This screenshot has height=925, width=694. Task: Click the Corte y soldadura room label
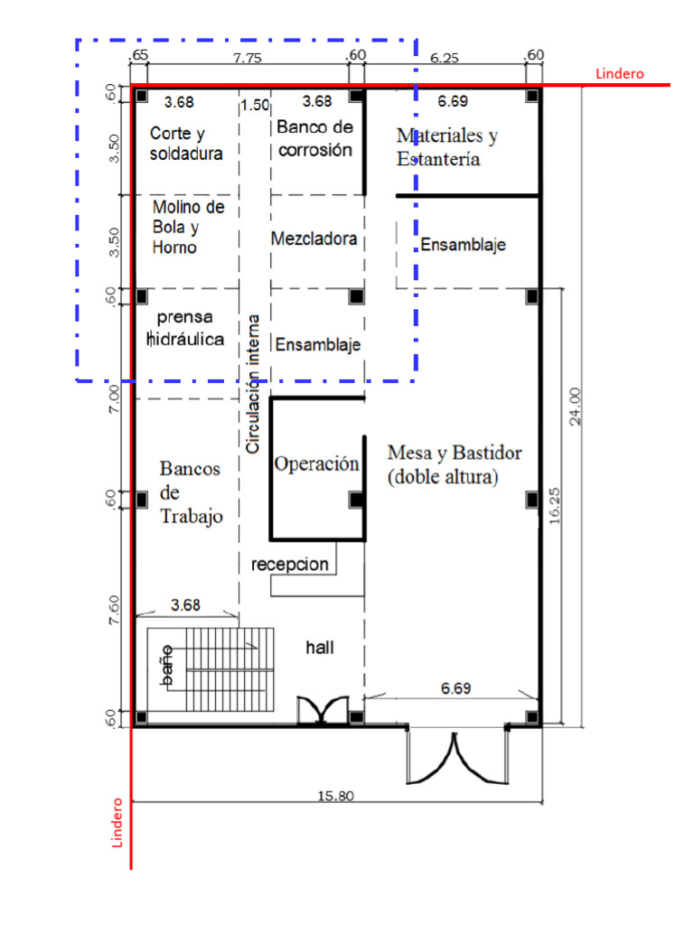[x=186, y=144]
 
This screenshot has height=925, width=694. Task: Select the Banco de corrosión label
[x=314, y=138]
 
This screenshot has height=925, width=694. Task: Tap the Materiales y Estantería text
[x=446, y=147]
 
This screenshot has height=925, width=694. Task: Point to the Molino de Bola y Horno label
[x=188, y=227]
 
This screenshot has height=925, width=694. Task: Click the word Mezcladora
[x=314, y=239]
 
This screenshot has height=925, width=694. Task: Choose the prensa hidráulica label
[x=185, y=329]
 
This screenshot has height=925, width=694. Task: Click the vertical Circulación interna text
[x=254, y=383]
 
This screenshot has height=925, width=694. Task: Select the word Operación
[x=316, y=464]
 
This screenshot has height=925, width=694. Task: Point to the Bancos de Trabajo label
[x=191, y=492]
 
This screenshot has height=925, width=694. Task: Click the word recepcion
[x=290, y=565]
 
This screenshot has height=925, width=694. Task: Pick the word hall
[x=321, y=648]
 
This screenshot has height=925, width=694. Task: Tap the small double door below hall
[x=323, y=709]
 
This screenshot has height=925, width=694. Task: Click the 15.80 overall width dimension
[x=335, y=796]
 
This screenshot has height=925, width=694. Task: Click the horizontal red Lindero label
[x=620, y=74]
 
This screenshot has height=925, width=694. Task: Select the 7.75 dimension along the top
[x=246, y=57]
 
